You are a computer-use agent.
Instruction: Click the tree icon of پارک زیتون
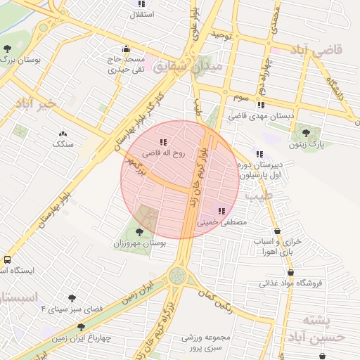[x=305, y=131]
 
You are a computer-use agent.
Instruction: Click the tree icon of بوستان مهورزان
[x=139, y=231]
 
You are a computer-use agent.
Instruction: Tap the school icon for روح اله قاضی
[x=164, y=142]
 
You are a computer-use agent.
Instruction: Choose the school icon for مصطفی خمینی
[x=221, y=210]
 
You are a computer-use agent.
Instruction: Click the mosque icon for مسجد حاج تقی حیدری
[x=126, y=49]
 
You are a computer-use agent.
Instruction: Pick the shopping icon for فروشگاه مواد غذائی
[x=291, y=273]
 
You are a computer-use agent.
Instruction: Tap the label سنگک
[x=63, y=143]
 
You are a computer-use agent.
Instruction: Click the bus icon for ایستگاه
[x=6, y=259]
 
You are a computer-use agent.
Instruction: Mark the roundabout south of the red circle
[x=178, y=274]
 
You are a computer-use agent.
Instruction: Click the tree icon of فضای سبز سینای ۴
[x=71, y=297]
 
